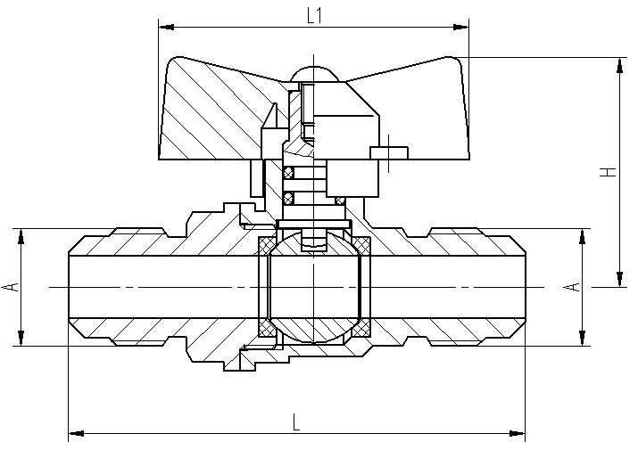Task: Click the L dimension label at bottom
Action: pos(296,422)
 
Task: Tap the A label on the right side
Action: pos(572,287)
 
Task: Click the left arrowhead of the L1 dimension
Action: pos(167,28)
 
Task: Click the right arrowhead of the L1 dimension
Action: pos(460,28)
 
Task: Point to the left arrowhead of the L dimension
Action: pos(77,433)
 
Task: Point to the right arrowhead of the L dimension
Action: pos(517,433)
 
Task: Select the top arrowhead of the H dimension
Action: pos(619,66)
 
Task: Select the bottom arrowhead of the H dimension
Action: pos(619,279)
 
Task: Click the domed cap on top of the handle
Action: pos(314,73)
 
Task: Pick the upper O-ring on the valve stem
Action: pos(288,173)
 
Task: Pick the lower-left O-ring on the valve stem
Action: pos(288,199)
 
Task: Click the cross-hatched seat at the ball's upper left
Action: pos(265,245)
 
